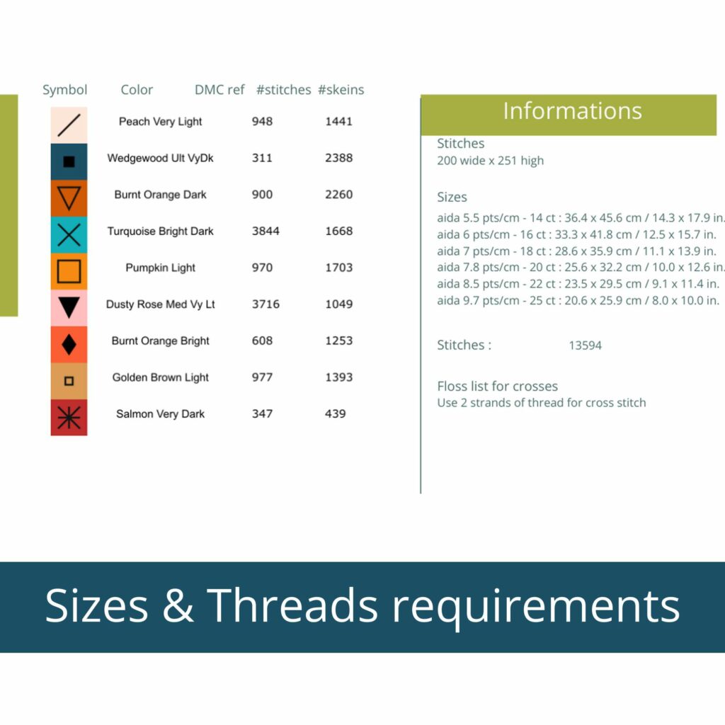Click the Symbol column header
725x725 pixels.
pos(64,90)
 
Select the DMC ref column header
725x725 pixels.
pos(219,90)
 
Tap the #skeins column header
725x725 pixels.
pos(341,90)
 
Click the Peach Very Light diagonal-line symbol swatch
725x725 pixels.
pos(69,125)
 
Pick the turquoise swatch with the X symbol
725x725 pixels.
pos(69,235)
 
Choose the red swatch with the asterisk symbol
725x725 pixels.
pos(69,418)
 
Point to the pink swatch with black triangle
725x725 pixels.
pos(69,308)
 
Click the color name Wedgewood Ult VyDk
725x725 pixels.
pos(161,158)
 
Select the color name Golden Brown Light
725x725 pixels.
pos(161,377)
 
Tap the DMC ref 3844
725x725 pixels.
pos(266,231)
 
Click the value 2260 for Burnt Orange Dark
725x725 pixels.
pos(338,194)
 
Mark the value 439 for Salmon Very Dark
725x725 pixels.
pos(335,413)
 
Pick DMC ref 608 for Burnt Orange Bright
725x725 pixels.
pos(262,341)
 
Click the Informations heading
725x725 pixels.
pos(572,111)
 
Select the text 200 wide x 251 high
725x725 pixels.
pos(490,161)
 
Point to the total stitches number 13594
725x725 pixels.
pos(585,346)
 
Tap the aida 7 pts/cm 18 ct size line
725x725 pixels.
pos(576,251)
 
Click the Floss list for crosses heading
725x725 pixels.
pos(498,386)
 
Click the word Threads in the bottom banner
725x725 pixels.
pos(292,605)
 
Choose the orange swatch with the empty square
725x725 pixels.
pos(69,271)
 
